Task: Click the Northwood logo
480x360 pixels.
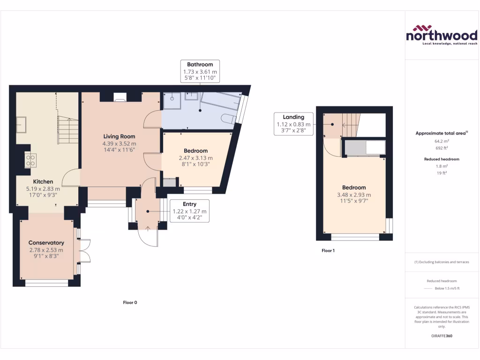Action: click(x=441, y=35)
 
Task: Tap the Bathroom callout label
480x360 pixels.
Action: click(x=200, y=65)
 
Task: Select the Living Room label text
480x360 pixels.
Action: click(x=120, y=136)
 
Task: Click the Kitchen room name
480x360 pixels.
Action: click(x=43, y=181)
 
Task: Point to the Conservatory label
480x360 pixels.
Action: click(x=46, y=243)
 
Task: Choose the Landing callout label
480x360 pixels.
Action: click(x=293, y=117)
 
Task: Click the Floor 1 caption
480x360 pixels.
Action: click(x=328, y=251)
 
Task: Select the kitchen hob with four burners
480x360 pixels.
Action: click(x=31, y=160)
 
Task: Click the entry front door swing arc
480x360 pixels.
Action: click(x=149, y=237)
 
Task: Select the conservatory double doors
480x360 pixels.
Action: click(x=84, y=251)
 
